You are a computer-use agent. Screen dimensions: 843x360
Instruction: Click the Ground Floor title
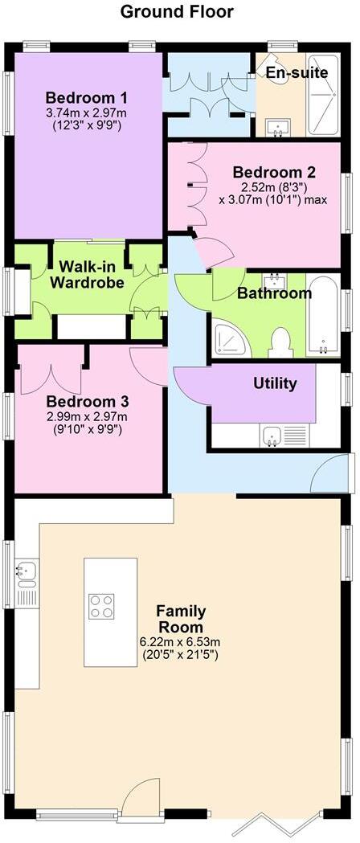(178, 12)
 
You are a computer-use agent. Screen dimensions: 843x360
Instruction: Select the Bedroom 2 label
(274, 172)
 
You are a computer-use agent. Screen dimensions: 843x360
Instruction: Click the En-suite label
(297, 73)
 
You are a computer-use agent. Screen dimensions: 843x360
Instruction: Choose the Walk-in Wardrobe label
(87, 273)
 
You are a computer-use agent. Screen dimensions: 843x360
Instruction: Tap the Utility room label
(275, 383)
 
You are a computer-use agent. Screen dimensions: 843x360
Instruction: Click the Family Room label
(180, 619)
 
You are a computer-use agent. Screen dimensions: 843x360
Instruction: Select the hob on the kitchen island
(101, 606)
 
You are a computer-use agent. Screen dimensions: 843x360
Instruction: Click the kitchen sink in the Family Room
(23, 572)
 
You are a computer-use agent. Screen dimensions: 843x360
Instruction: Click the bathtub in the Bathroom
(323, 317)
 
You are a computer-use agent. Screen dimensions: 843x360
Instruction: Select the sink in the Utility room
(272, 435)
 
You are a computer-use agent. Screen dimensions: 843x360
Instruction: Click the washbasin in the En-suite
(277, 125)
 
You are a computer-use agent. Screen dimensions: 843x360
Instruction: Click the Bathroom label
(274, 293)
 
